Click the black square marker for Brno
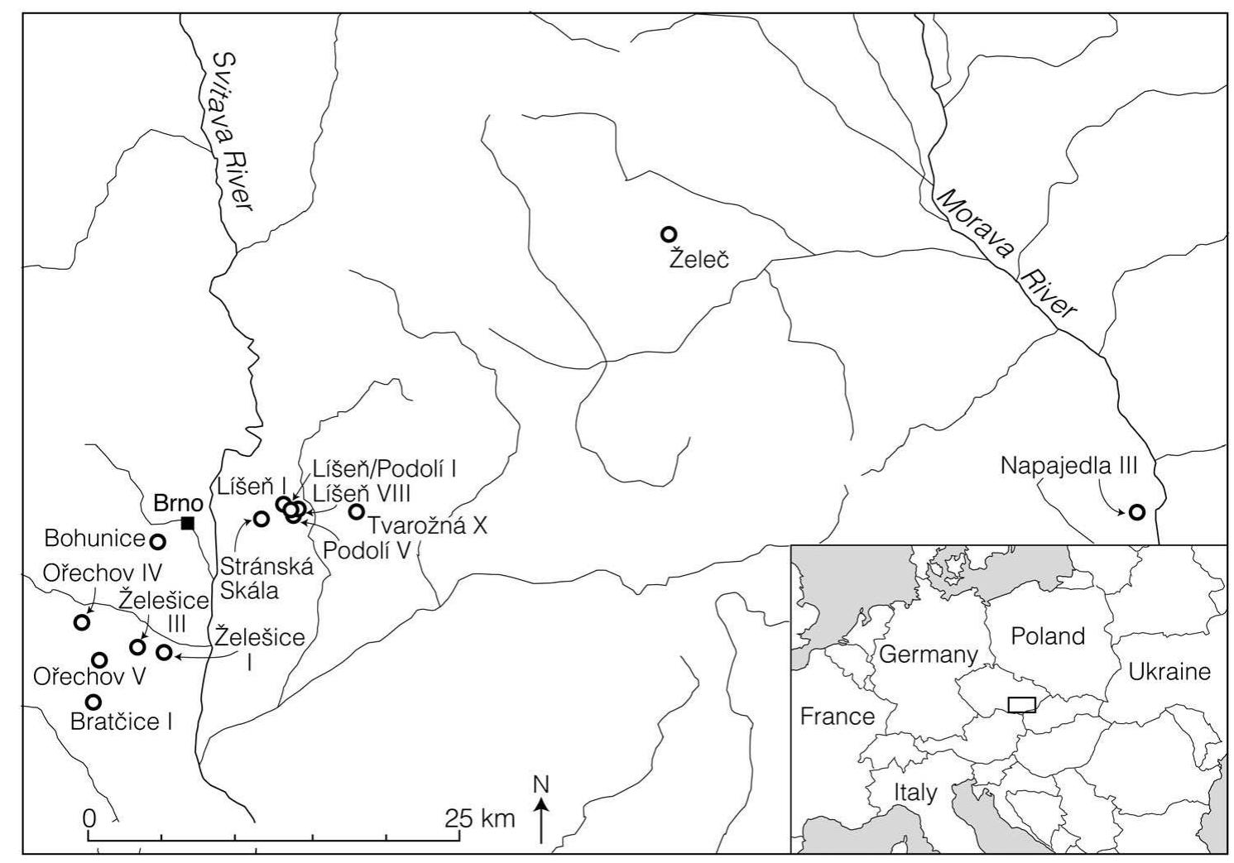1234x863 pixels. coord(188,522)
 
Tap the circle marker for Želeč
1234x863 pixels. coord(669,234)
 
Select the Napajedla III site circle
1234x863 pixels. coord(1137,512)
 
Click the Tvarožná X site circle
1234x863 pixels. coord(357,512)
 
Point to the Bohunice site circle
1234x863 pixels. coord(157,542)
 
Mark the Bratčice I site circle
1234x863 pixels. coord(94,702)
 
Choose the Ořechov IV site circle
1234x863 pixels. coord(82,622)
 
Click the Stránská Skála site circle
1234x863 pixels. coord(261,519)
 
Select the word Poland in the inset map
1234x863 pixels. coord(1047,636)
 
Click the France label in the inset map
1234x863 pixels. coord(837,716)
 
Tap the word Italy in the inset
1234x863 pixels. coord(915,793)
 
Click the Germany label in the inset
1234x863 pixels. coord(928,654)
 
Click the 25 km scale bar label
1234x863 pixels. coord(480,819)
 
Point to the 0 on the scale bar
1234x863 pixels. coord(89,817)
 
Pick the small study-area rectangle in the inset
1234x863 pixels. coord(1022,703)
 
